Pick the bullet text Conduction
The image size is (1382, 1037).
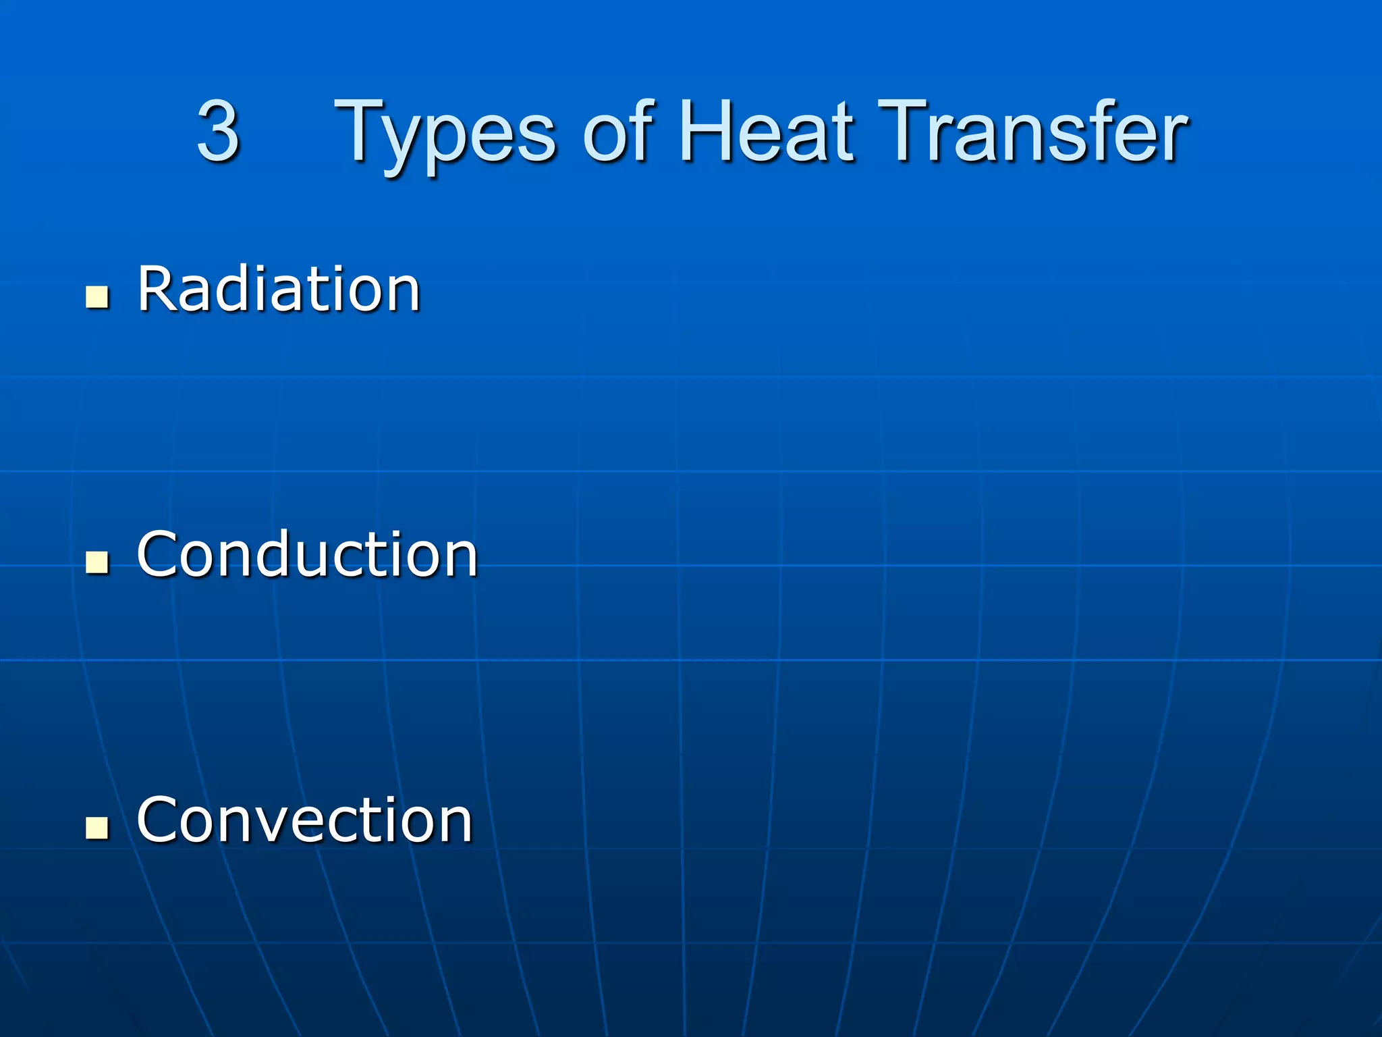click(307, 554)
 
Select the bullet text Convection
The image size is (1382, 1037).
click(304, 820)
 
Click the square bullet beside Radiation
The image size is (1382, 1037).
click(97, 296)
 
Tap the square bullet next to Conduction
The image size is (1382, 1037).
click(97, 562)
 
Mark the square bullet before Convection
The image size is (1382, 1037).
click(97, 827)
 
